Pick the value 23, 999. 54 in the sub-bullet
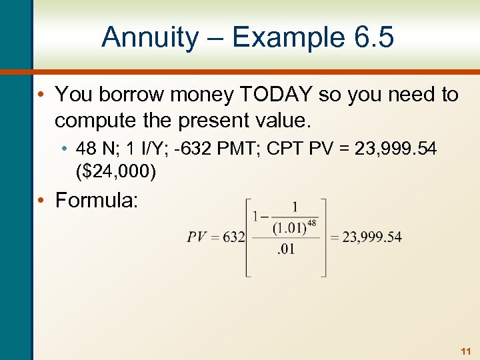pos(396,149)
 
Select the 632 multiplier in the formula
pos(233,237)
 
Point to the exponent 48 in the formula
pos(311,223)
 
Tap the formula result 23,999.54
pos(372,237)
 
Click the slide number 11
pos(465,351)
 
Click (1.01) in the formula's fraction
pos(287,228)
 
